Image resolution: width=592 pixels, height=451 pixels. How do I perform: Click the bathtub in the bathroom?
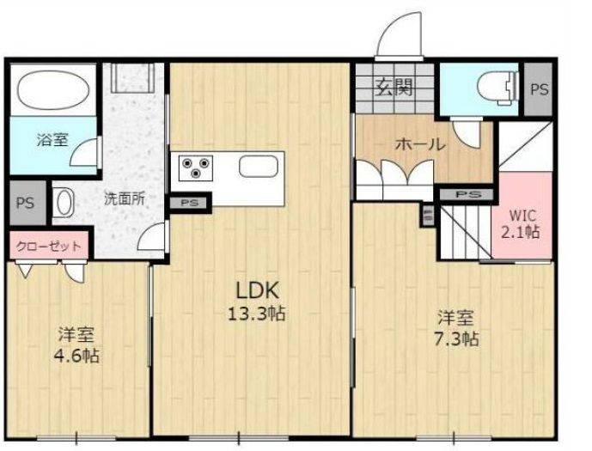tap(53, 89)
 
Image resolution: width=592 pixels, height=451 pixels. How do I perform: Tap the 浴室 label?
tap(52, 140)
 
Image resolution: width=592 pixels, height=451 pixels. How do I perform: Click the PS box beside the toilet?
tap(539, 89)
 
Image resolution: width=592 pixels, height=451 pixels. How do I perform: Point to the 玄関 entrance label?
tap(394, 87)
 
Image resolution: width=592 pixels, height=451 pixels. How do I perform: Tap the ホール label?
tap(420, 144)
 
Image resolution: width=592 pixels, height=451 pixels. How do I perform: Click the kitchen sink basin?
tap(259, 167)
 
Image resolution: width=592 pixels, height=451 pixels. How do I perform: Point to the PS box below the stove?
tap(189, 203)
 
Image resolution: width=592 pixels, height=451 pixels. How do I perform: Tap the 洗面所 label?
tap(125, 199)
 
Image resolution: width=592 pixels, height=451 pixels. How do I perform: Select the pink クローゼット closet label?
tap(49, 247)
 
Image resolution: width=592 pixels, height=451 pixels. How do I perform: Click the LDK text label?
tap(257, 290)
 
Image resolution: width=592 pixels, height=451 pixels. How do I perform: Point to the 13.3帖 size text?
tap(256, 313)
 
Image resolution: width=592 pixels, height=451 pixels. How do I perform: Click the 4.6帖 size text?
tap(77, 355)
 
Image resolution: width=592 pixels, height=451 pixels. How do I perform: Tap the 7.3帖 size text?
tap(456, 338)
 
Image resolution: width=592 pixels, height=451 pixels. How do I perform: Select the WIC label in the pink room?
tap(522, 216)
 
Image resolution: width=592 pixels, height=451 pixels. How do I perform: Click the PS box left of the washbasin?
tap(25, 203)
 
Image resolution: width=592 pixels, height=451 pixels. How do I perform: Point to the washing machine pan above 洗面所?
tap(132, 77)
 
